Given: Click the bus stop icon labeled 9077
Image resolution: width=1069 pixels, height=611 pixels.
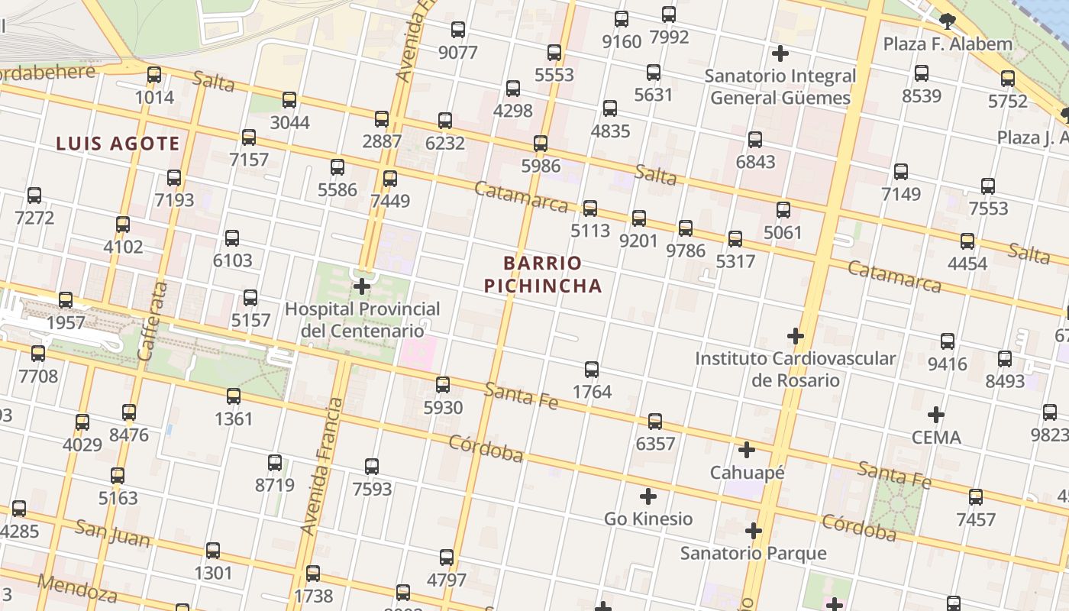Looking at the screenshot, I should tap(458, 31).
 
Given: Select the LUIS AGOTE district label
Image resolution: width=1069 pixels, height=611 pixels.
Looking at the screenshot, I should tap(118, 143).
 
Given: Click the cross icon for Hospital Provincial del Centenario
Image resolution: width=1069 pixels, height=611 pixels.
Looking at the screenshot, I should tap(362, 287).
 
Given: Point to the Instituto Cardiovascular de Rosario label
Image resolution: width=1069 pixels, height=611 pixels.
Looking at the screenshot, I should tap(795, 369).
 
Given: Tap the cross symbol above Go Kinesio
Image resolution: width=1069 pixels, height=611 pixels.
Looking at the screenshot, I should tap(648, 497).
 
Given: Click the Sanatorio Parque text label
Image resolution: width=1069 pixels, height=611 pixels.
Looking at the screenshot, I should tap(754, 553).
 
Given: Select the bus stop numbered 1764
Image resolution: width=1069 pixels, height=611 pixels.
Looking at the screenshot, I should tap(592, 370).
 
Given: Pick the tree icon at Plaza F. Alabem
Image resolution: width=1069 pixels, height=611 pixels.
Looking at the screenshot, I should tap(948, 21).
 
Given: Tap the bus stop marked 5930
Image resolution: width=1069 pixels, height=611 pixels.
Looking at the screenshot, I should tap(443, 385).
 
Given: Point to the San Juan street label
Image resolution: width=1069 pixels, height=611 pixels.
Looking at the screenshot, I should tap(113, 533).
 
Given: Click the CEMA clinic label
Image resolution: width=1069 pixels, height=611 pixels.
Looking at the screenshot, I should tap(936, 438).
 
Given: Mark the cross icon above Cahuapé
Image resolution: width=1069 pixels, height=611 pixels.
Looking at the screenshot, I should tap(747, 450).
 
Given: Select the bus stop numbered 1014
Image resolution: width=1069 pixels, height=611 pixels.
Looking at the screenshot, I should tap(154, 75).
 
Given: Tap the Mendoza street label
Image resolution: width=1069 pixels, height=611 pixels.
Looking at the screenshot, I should tap(77, 588).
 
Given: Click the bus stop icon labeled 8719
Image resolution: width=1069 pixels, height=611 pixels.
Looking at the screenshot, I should tap(275, 463).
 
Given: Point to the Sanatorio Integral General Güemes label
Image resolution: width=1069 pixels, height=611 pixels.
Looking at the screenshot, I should tap(780, 87).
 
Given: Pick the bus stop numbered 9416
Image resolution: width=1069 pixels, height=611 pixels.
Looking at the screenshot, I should tap(948, 341).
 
